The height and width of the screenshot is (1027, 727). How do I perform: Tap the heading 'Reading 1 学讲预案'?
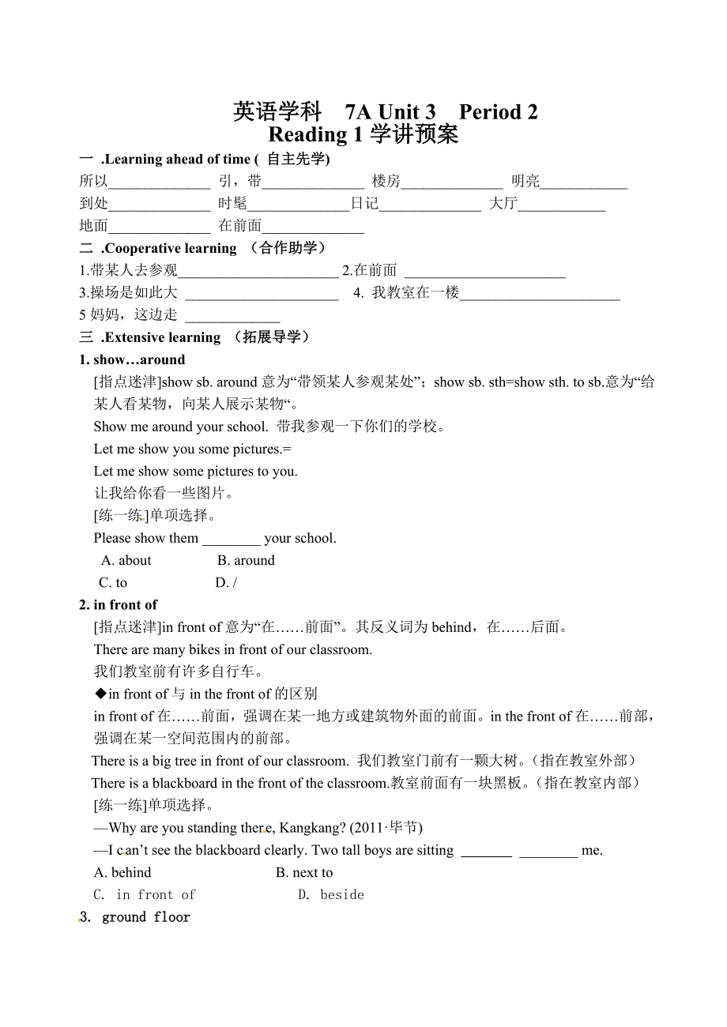[363, 134]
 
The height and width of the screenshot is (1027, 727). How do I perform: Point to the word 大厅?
[503, 204]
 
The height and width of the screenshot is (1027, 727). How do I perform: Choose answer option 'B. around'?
[246, 560]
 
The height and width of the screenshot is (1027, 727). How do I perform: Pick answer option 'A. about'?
[126, 560]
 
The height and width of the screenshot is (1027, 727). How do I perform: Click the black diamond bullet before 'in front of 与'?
[100, 694]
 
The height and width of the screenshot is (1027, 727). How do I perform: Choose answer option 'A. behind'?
[122, 872]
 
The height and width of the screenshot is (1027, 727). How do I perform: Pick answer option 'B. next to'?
[304, 872]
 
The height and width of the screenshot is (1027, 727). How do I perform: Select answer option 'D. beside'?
[331, 894]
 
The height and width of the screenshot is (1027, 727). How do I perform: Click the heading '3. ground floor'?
[135, 917]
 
